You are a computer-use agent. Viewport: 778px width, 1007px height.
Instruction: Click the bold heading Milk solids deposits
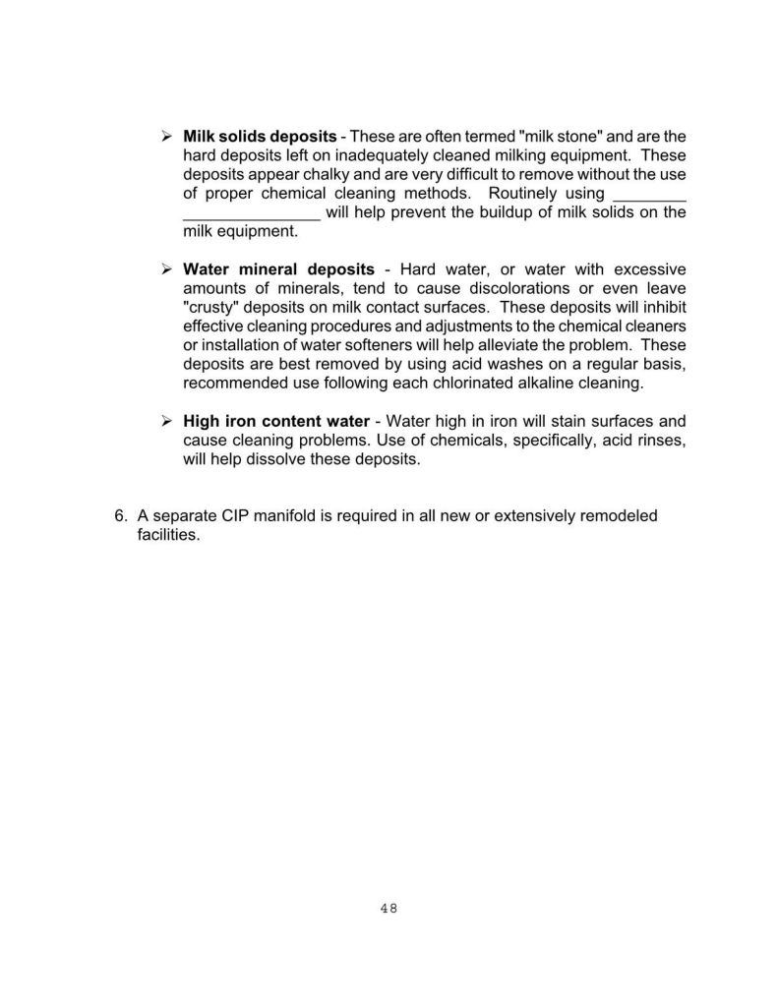click(x=260, y=136)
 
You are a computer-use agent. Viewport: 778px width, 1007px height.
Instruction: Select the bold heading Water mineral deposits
click(x=278, y=268)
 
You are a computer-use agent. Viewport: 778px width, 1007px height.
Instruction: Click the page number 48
click(x=388, y=909)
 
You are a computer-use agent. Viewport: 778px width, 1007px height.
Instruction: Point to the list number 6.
click(x=121, y=515)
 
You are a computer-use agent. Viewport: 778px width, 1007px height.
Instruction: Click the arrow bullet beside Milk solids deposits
click(x=167, y=136)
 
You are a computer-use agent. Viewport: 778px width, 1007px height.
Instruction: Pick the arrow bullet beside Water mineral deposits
click(x=167, y=268)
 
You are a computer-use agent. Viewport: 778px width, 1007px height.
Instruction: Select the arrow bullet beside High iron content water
click(x=167, y=421)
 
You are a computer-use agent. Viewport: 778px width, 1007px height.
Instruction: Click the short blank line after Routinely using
click(x=648, y=195)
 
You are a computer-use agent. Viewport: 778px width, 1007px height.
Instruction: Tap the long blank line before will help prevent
click(x=251, y=213)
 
